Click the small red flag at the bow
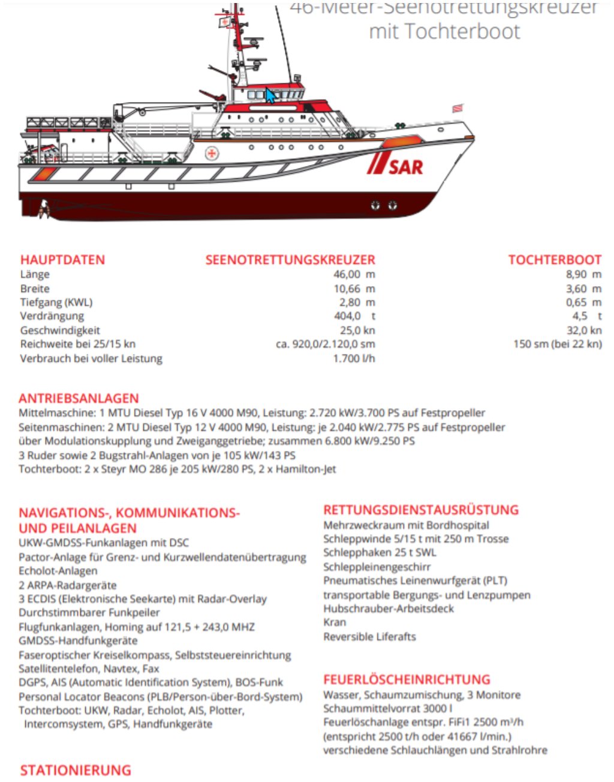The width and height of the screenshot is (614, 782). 458,109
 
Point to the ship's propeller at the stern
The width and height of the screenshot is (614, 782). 44,209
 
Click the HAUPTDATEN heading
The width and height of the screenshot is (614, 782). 62,260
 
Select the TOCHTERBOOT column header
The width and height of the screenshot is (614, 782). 555,260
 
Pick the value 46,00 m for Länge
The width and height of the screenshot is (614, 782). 354,274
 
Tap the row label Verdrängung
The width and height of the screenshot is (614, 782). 52,316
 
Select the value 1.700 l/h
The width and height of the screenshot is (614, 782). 354,358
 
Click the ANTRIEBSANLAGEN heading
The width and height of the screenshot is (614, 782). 79,398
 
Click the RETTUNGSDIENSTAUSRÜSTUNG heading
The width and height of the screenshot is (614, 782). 421,510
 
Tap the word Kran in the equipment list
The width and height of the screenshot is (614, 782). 335,622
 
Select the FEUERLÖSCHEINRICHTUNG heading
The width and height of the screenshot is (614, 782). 407,679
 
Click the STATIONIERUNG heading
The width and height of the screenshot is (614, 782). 76,770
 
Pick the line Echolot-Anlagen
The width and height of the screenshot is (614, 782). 58,571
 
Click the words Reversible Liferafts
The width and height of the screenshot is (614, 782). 369,636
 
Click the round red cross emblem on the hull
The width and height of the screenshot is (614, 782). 211,154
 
